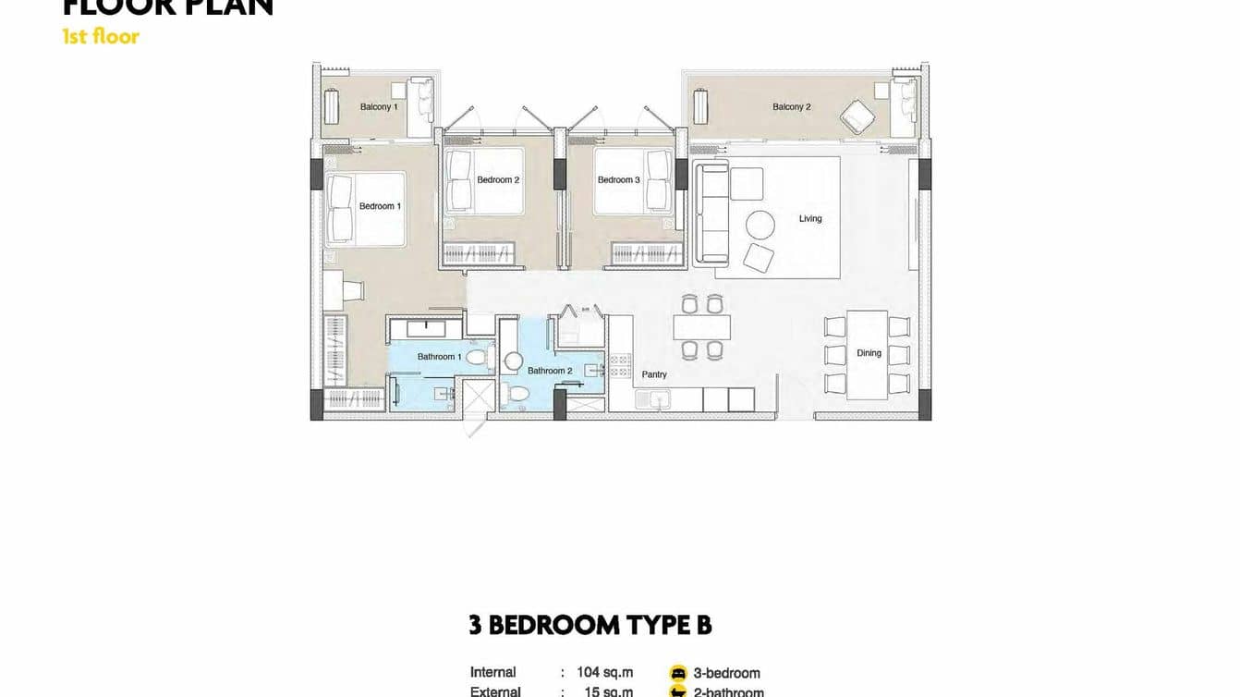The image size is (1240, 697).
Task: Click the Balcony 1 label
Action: (379, 107)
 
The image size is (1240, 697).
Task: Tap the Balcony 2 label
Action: (791, 107)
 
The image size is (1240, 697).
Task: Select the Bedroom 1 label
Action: (380, 206)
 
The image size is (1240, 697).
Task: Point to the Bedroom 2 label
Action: (498, 180)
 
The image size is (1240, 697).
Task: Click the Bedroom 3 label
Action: (618, 180)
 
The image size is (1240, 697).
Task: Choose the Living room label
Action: (810, 219)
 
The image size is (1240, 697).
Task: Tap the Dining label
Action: (869, 353)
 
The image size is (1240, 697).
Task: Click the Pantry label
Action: (654, 374)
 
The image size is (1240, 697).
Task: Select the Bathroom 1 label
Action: (439, 357)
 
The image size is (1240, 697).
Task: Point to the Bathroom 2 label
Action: (550, 371)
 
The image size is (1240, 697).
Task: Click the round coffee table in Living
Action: (760, 225)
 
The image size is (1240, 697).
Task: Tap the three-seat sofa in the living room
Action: (710, 214)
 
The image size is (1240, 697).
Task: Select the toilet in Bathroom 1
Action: (476, 356)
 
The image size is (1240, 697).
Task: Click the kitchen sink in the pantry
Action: (660, 399)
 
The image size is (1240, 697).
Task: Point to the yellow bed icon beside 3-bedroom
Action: (678, 674)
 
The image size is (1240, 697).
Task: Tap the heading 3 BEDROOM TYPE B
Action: (590, 626)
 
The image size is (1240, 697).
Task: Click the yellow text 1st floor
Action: (101, 37)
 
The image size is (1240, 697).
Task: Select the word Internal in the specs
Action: (492, 673)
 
